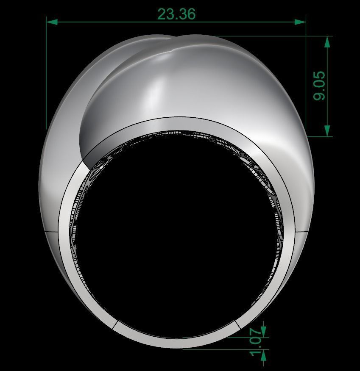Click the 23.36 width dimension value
coord(176,14)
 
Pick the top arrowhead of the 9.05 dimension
coord(327,42)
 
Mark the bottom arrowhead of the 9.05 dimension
coord(327,131)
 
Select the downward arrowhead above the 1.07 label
coord(263,328)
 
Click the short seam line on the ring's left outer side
coord(51,232)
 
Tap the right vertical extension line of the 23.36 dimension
coord(306,76)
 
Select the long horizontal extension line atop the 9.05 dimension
coord(254,36)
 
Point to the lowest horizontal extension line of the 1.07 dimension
coord(225,349)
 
